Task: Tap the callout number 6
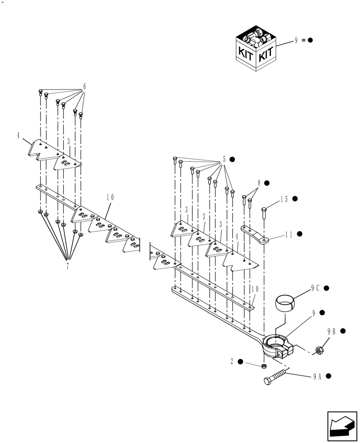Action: (84, 86)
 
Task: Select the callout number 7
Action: (67, 266)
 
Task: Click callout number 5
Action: (224, 159)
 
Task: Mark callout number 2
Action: (231, 361)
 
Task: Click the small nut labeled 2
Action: (263, 366)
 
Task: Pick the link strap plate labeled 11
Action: (255, 234)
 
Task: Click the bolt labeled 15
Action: (264, 214)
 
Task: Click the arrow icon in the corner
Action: (342, 426)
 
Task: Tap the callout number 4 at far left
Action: (18, 135)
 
